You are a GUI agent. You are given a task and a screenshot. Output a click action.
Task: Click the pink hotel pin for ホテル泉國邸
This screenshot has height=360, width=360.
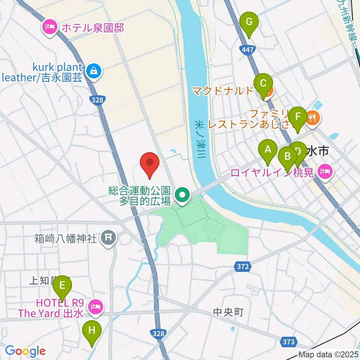click(x=49, y=27)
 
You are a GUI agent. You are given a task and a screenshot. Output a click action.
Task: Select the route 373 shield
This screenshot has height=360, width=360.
click(x=288, y=342)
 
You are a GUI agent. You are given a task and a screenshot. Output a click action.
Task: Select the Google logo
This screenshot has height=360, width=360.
click(x=25, y=351)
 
